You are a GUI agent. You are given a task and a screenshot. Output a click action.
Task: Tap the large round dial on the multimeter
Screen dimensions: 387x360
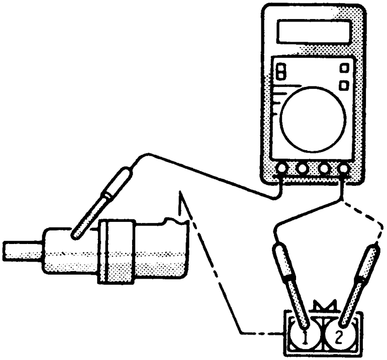313,116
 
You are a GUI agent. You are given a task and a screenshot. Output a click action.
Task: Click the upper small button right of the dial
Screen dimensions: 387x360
345,68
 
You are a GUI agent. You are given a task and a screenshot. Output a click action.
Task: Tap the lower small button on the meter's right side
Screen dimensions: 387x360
345,85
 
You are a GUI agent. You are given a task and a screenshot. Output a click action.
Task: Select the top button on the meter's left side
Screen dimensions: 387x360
281,67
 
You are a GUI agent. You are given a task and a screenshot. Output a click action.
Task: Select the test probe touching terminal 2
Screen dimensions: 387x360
359,281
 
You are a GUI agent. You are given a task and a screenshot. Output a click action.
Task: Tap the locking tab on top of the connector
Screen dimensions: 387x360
323,307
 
